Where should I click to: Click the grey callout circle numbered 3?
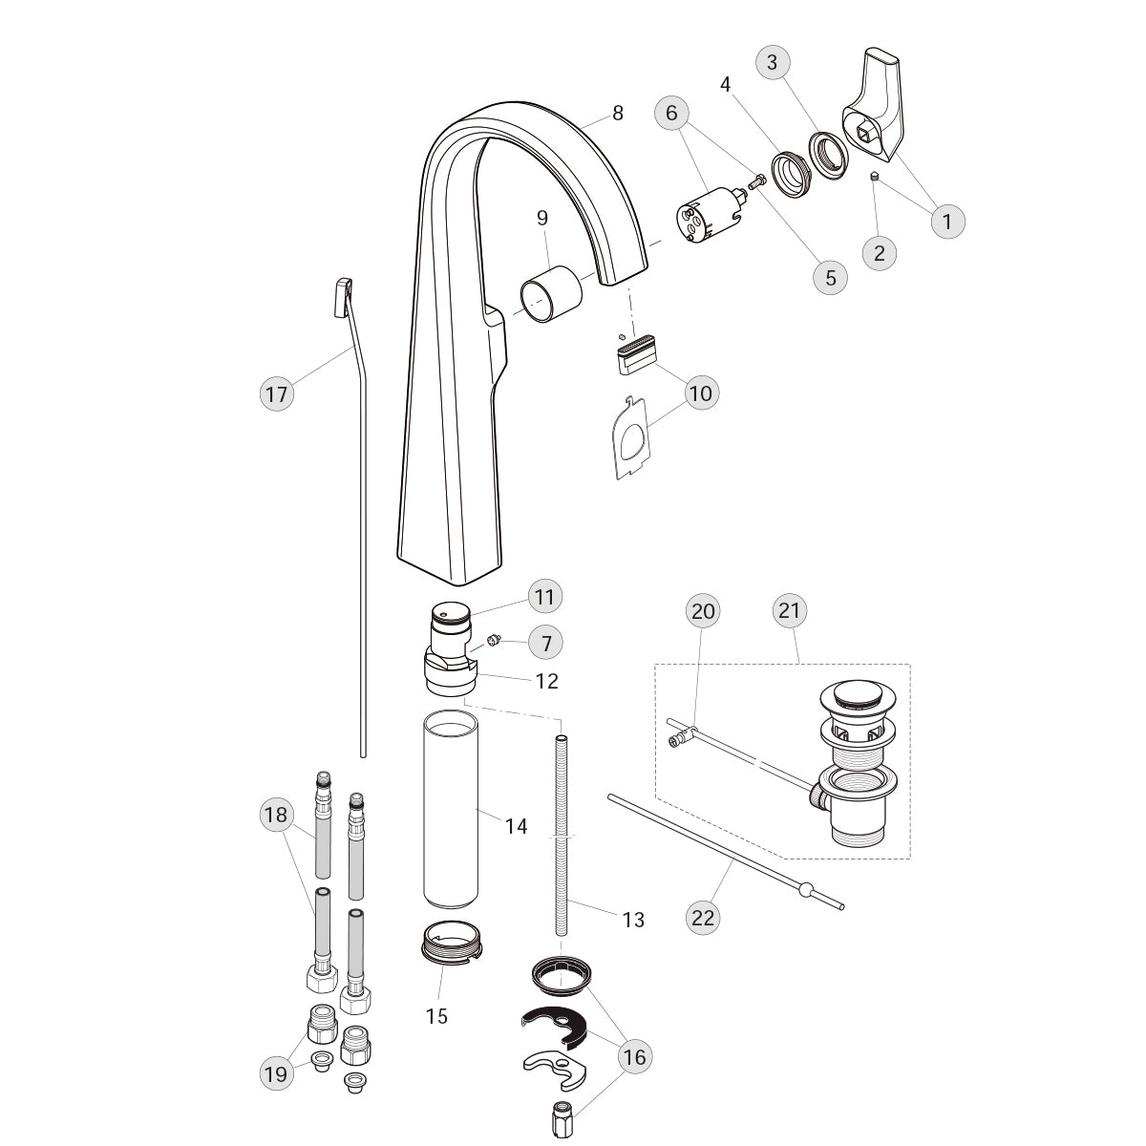tap(773, 62)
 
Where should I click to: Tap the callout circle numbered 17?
tap(277, 393)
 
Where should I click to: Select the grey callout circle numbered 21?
tap(790, 610)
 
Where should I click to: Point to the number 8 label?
tap(618, 113)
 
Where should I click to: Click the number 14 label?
tap(517, 826)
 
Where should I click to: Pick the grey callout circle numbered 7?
tap(545, 643)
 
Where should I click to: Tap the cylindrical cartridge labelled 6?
tap(711, 215)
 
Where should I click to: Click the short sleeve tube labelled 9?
tap(551, 294)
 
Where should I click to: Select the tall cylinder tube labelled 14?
tap(451, 810)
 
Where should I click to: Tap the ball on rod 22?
tap(805, 889)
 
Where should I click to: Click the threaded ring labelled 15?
tap(452, 941)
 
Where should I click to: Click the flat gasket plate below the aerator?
tap(629, 438)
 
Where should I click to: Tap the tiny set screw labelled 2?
tap(875, 176)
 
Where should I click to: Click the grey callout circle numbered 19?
tap(277, 1073)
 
